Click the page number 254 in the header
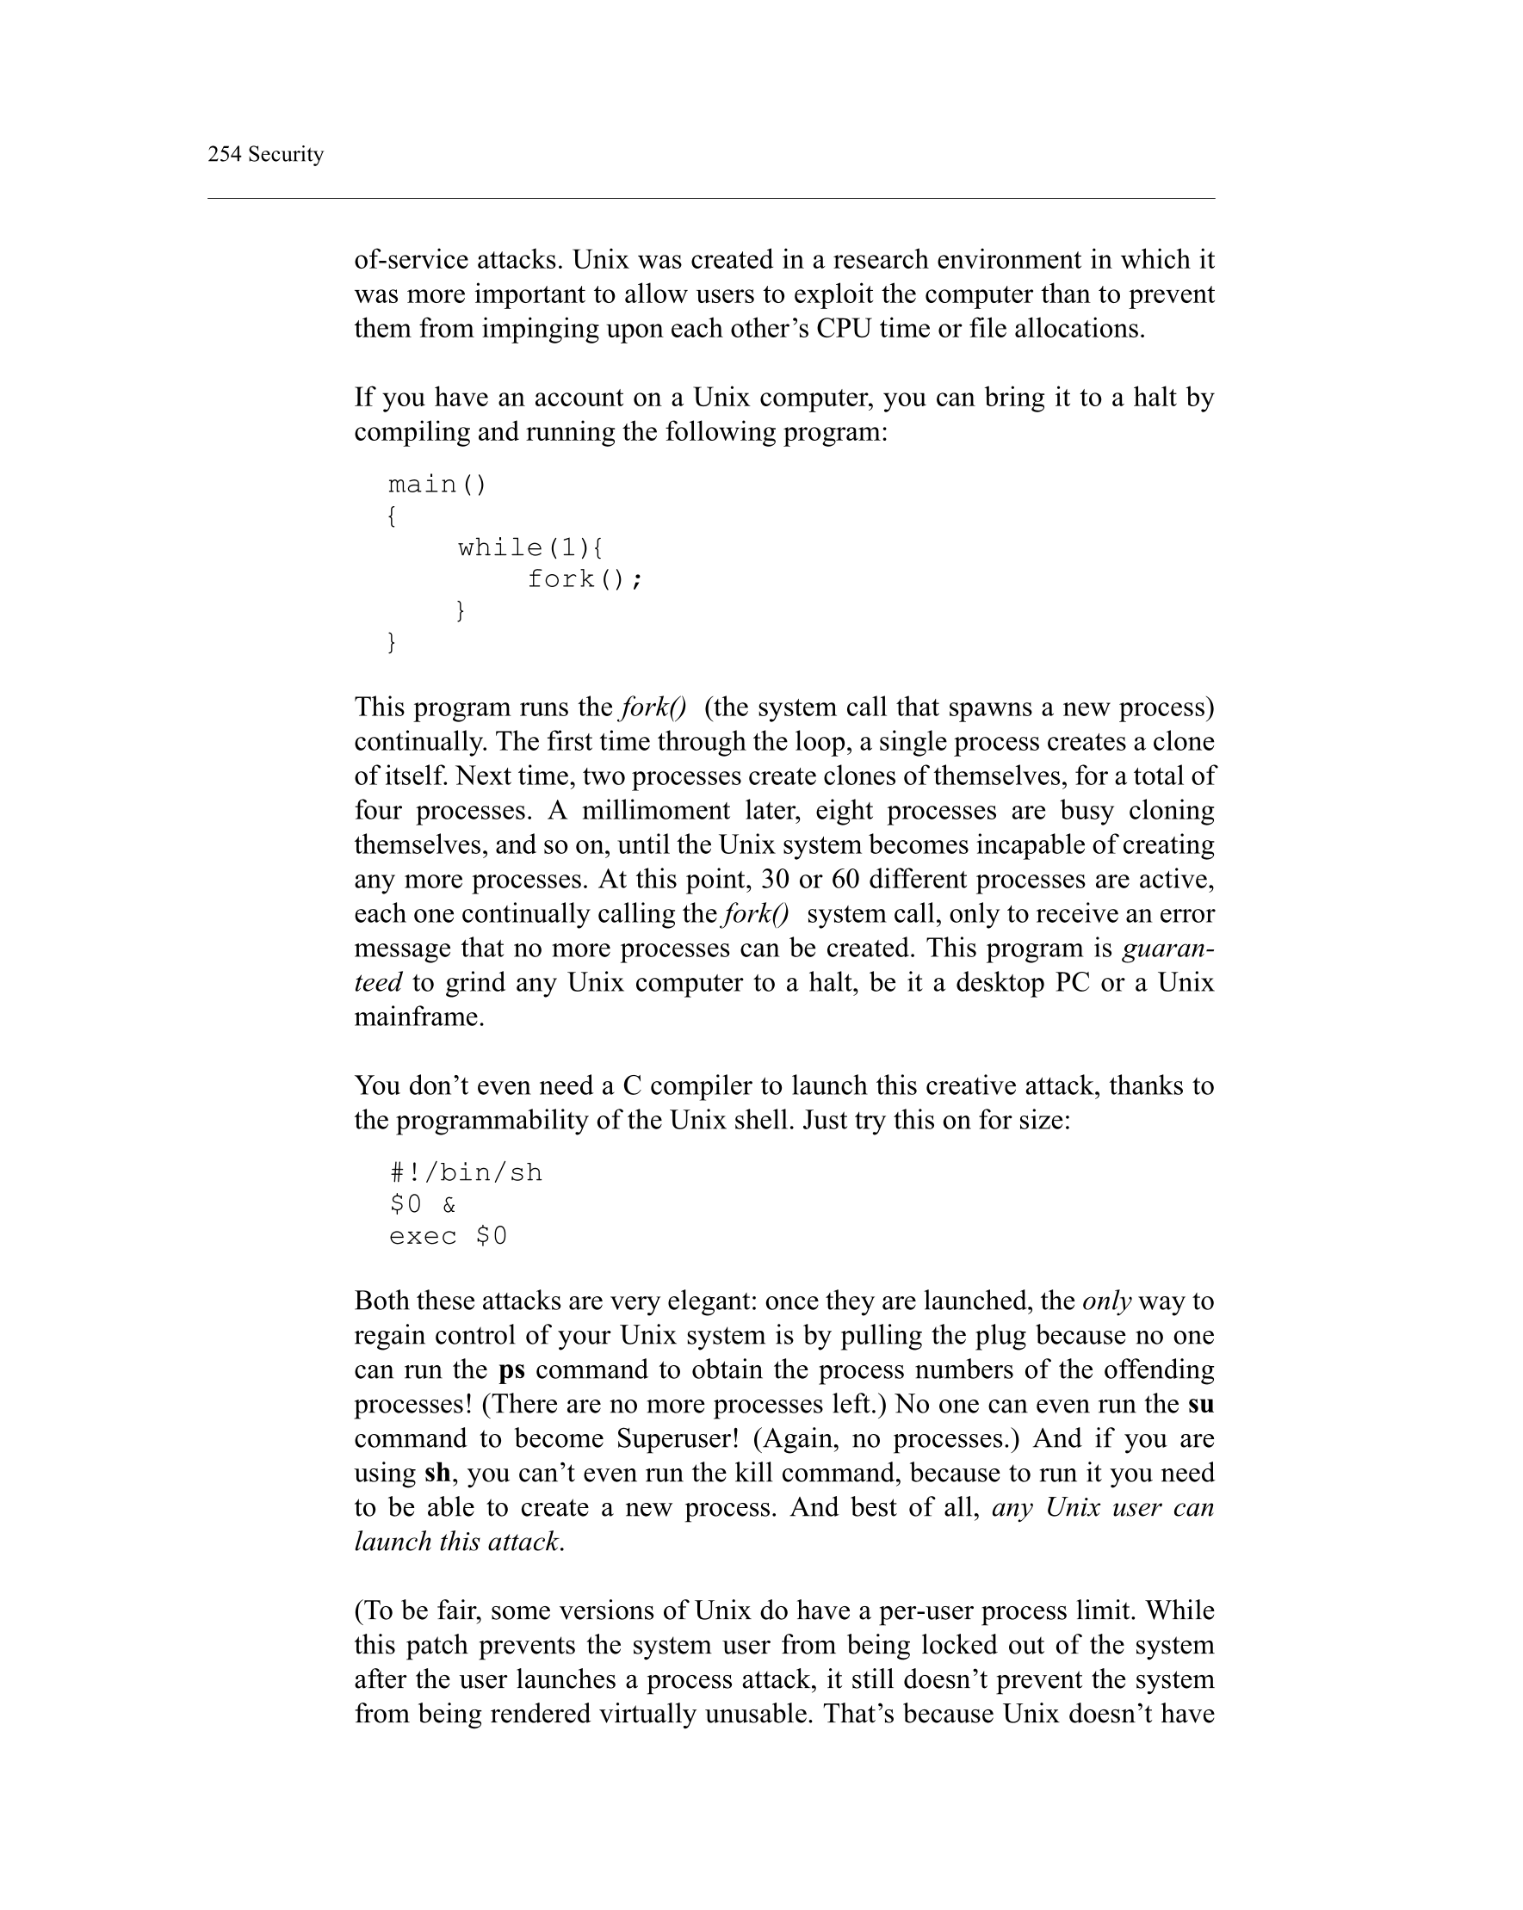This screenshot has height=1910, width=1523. (224, 154)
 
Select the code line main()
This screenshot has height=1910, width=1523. (437, 485)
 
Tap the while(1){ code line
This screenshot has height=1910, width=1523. (529, 547)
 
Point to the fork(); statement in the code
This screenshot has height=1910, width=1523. (585, 579)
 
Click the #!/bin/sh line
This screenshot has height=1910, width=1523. (466, 1173)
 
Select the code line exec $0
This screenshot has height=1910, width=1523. (449, 1236)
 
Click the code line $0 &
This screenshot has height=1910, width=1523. (424, 1205)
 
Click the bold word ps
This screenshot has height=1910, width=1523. (511, 1369)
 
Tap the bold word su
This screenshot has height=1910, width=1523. (1200, 1404)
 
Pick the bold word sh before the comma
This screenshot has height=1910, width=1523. (436, 1474)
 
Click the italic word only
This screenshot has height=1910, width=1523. (1106, 1301)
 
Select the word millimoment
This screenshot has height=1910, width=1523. (656, 811)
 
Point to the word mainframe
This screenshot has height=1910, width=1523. (418, 1017)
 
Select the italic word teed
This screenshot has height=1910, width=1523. (378, 982)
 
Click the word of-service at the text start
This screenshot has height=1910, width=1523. (412, 260)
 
